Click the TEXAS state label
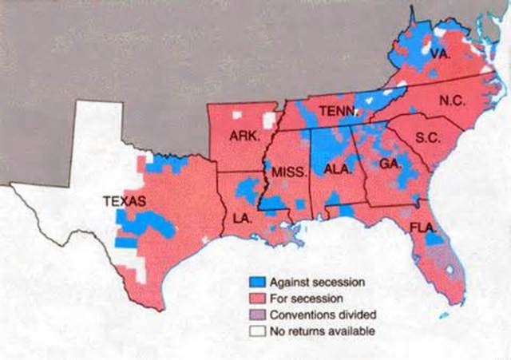click(124, 202)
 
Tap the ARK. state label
click(244, 136)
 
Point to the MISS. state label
click(284, 173)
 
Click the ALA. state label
click(334, 168)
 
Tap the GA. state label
click(389, 163)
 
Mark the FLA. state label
click(422, 227)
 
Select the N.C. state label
click(451, 101)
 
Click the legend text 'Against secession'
click(317, 283)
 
